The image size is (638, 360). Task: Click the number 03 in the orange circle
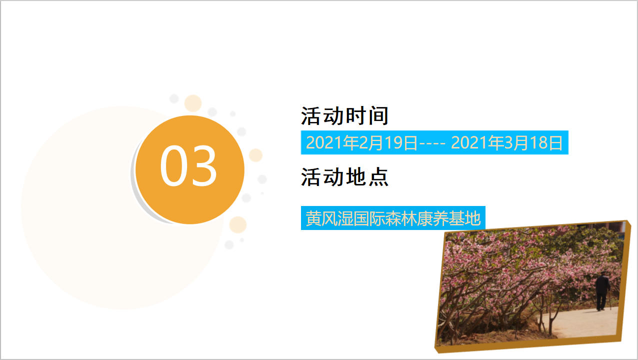click(188, 166)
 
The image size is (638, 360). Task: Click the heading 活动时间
click(344, 116)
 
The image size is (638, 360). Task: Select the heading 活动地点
click(344, 177)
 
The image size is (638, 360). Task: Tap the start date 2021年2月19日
click(361, 142)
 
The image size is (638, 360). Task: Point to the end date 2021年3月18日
click(507, 142)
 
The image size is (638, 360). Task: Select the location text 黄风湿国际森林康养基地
click(393, 218)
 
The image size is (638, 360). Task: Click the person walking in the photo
click(602, 290)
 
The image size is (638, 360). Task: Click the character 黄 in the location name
click(313, 218)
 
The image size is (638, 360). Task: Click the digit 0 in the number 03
click(173, 166)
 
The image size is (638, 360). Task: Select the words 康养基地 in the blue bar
click(449, 218)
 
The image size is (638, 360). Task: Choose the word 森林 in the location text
click(401, 218)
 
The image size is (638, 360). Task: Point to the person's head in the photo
click(602, 273)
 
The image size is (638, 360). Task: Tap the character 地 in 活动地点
click(356, 177)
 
